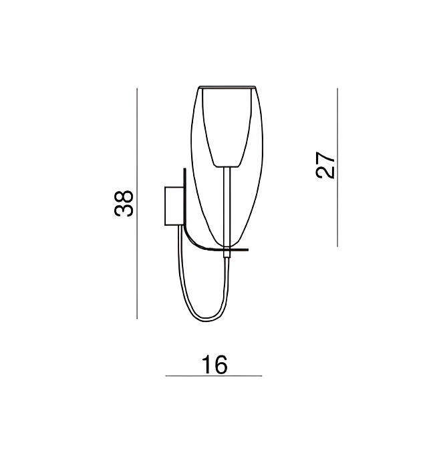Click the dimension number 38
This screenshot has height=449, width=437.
[124, 203]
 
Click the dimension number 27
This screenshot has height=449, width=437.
[325, 165]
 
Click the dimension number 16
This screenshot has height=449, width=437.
[214, 365]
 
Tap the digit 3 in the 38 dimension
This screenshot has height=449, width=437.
[124, 210]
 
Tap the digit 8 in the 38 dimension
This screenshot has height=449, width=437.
[124, 196]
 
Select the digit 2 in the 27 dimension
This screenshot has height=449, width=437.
[325, 172]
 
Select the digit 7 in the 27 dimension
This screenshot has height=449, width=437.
[325, 158]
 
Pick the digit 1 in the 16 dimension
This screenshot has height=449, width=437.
[206, 365]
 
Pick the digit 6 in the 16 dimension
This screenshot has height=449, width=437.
[221, 365]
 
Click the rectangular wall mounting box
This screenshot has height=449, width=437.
[174, 206]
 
